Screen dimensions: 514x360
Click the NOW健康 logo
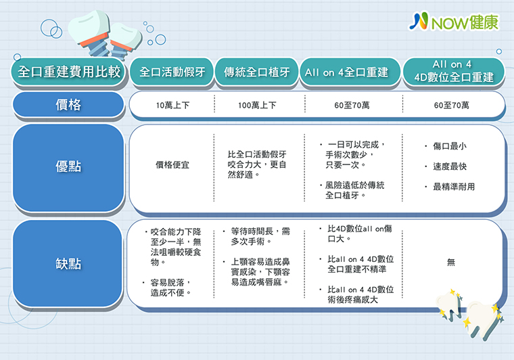(454, 22)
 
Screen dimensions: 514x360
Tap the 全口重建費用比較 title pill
(69, 72)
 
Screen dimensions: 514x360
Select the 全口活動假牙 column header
(172, 72)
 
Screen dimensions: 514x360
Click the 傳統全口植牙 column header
(257, 72)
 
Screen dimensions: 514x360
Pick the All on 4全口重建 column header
(350, 72)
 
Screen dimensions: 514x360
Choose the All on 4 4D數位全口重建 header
(454, 72)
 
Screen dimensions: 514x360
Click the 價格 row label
(68, 105)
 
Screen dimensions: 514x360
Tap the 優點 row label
(68, 167)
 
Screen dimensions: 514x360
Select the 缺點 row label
(68, 263)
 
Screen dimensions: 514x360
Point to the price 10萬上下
(172, 106)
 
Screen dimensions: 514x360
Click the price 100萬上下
(257, 106)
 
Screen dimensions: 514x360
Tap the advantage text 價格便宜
(172, 164)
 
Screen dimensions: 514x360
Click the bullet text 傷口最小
(450, 146)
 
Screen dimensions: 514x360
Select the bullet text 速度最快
(450, 166)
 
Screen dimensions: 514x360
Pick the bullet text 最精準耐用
(454, 187)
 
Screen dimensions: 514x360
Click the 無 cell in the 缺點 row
(451, 263)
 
